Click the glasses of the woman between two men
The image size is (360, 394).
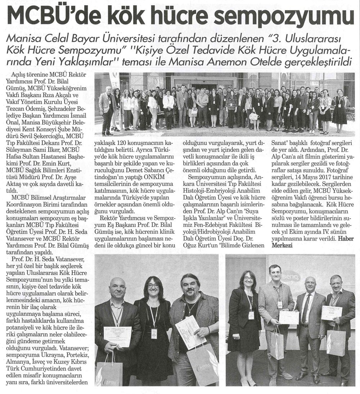click(154, 286)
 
